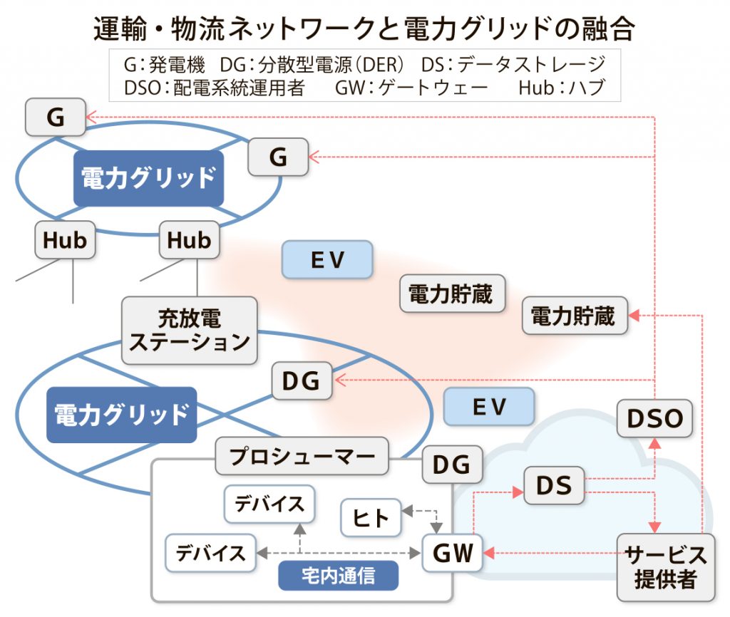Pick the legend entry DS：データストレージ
[513, 64]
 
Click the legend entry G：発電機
[165, 64]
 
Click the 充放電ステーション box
[190, 330]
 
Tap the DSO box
[654, 418]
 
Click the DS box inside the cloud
[554, 485]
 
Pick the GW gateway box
[453, 553]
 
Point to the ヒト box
[371, 518]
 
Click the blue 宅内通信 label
[338, 575]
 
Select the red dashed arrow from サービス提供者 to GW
[549, 552]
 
